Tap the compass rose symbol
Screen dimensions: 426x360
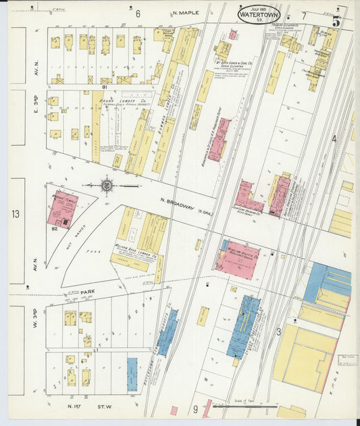pyautogui.click(x=107, y=184)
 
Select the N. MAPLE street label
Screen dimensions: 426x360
pyautogui.click(x=186, y=14)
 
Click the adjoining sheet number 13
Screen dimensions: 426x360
pyautogui.click(x=15, y=214)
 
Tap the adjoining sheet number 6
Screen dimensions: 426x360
pyautogui.click(x=138, y=14)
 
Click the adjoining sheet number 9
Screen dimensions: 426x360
pyautogui.click(x=195, y=408)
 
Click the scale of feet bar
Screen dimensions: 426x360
pyautogui.click(x=240, y=406)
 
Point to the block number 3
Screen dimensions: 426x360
pyautogui.click(x=278, y=331)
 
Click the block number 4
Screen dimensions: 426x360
pyautogui.click(x=333, y=138)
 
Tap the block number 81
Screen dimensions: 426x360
pyautogui.click(x=105, y=86)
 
